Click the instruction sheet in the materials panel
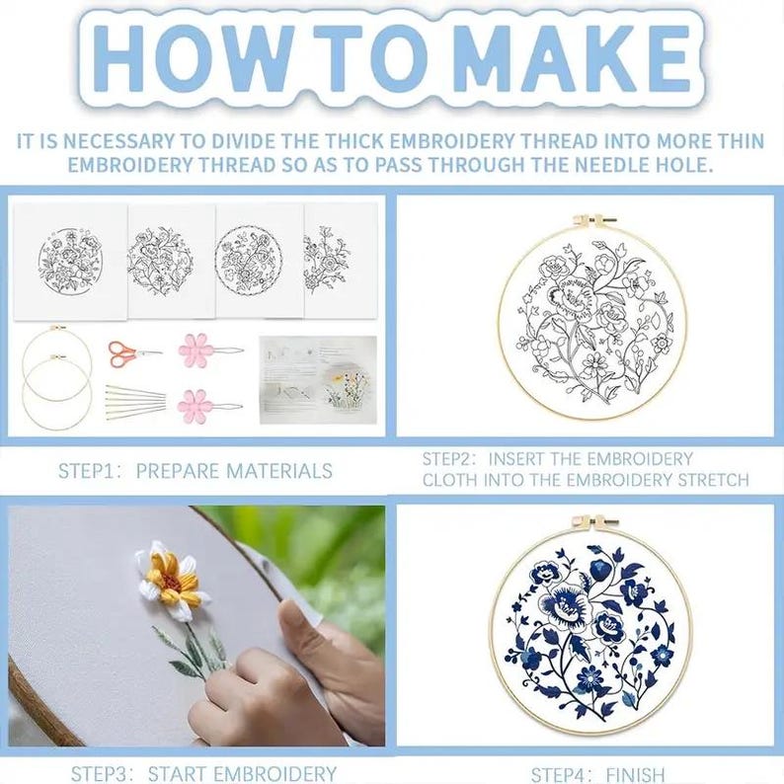(x=318, y=380)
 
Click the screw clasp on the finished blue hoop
(x=594, y=522)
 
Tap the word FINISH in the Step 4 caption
(x=636, y=775)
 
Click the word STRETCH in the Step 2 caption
(x=714, y=480)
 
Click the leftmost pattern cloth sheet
(x=70, y=262)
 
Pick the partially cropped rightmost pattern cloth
(x=341, y=261)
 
